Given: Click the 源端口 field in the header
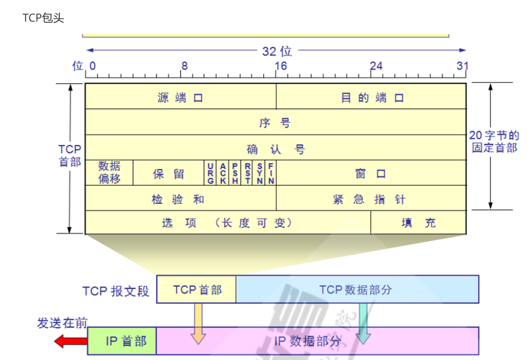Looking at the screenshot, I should [180, 97].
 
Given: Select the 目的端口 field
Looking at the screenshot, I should [372, 97].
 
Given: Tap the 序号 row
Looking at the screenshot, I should [275, 123].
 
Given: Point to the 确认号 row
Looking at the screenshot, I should [275, 148].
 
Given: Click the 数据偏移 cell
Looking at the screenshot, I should [109, 172].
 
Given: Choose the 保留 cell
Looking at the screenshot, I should [169, 173].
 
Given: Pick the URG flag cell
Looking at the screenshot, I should [210, 173].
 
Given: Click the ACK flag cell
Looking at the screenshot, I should [223, 173].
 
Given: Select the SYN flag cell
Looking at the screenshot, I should [259, 173].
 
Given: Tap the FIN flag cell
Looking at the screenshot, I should [271, 173].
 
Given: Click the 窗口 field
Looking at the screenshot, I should [371, 173].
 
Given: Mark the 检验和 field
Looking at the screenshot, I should [180, 199].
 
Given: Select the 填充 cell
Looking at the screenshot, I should [418, 222].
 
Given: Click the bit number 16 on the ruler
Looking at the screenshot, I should [281, 66].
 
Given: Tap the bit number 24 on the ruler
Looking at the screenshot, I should [376, 66].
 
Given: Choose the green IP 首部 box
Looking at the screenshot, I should [122, 341].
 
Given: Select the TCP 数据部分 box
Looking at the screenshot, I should [357, 289].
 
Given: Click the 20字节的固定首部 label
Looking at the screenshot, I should [494, 141].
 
